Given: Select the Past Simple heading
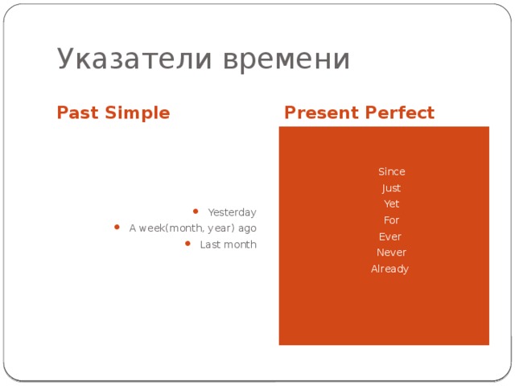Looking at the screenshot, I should tap(113, 113).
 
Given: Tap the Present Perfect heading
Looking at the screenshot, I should tap(359, 113).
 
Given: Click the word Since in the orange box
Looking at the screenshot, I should tap(391, 172).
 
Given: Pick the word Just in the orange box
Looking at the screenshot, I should tap(391, 188).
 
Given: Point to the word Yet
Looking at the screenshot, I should tap(391, 204).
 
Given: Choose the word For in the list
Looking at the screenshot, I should tap(391, 220).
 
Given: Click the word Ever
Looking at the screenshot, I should tap(389, 236).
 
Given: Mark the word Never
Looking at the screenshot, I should tap(391, 253).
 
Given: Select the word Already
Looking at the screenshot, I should tap(389, 269).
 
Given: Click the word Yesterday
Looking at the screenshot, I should tap(232, 212).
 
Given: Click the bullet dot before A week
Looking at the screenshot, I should tap(118, 228).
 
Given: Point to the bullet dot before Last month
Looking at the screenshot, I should tap(187, 244).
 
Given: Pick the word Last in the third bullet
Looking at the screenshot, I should tap(210, 244).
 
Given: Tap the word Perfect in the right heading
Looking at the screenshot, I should tap(398, 113).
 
